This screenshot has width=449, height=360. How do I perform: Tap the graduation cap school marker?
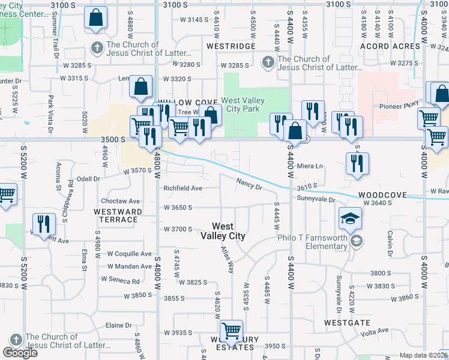pos(350,218)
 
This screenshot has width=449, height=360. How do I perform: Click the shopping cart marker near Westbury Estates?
pos(231,331)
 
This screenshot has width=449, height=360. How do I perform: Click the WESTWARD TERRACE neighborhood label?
pos(118,215)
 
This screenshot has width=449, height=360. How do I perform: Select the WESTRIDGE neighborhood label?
pos(231,46)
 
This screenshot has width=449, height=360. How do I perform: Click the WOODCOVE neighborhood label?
pos(383,196)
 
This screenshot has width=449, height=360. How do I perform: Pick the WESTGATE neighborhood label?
pos(347,322)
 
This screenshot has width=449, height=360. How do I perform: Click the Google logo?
pos(20,352)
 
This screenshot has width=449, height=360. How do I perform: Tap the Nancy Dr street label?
pos(249,184)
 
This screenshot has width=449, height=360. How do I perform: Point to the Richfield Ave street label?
pos(183,188)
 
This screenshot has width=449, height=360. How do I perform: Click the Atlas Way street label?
pos(226,259)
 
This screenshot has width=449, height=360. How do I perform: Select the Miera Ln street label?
pos(310,166)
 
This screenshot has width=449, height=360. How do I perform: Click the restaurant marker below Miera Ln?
pos(357,163)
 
